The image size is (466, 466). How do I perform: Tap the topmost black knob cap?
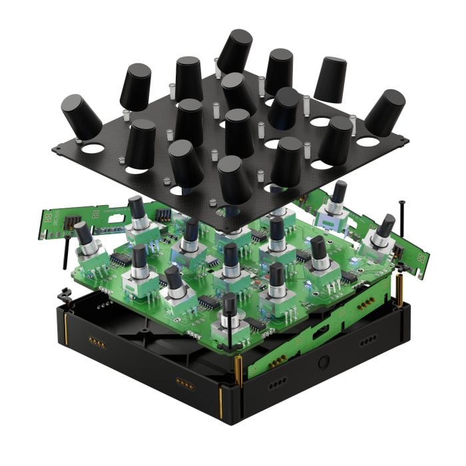click(x=234, y=51)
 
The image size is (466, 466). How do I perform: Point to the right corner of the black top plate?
click(x=404, y=139)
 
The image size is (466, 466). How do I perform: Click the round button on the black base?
click(x=324, y=363)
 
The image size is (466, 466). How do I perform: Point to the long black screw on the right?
click(x=403, y=230)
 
